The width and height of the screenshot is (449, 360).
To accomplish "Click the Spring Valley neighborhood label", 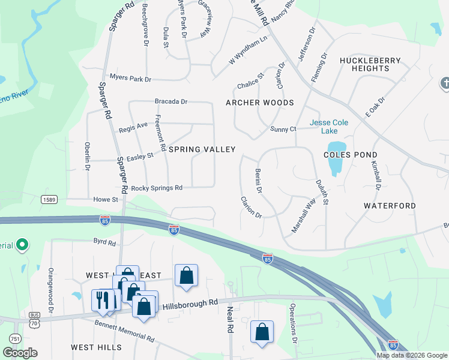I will (201, 149).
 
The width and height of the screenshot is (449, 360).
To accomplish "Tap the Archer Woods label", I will (259, 103).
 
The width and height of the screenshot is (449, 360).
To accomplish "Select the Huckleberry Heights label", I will (364, 64).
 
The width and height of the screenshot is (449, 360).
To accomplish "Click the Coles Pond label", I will (350, 154).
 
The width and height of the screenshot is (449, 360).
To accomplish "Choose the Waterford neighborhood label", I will (390, 206).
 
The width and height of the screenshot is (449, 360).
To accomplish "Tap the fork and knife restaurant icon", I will (103, 299).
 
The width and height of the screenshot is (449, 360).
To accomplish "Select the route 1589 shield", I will (49, 199).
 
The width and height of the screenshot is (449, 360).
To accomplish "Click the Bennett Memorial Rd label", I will (124, 331).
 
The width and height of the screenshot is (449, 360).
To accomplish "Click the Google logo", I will (20, 352).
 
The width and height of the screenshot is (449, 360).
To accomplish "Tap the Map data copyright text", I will (411, 355).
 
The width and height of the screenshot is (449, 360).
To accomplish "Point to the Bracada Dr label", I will (171, 102).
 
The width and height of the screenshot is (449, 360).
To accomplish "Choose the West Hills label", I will (96, 347).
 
